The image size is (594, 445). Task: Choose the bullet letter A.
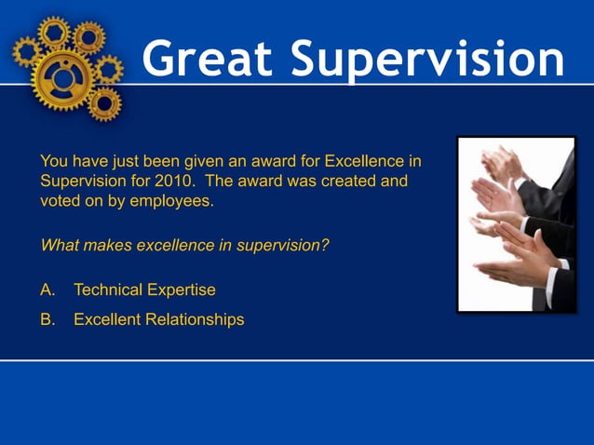tap(47, 290)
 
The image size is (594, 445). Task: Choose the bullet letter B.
tap(47, 319)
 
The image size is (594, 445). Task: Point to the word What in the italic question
tap(59, 246)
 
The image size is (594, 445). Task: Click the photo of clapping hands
tap(516, 223)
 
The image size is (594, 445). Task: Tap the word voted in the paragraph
tap(59, 199)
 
